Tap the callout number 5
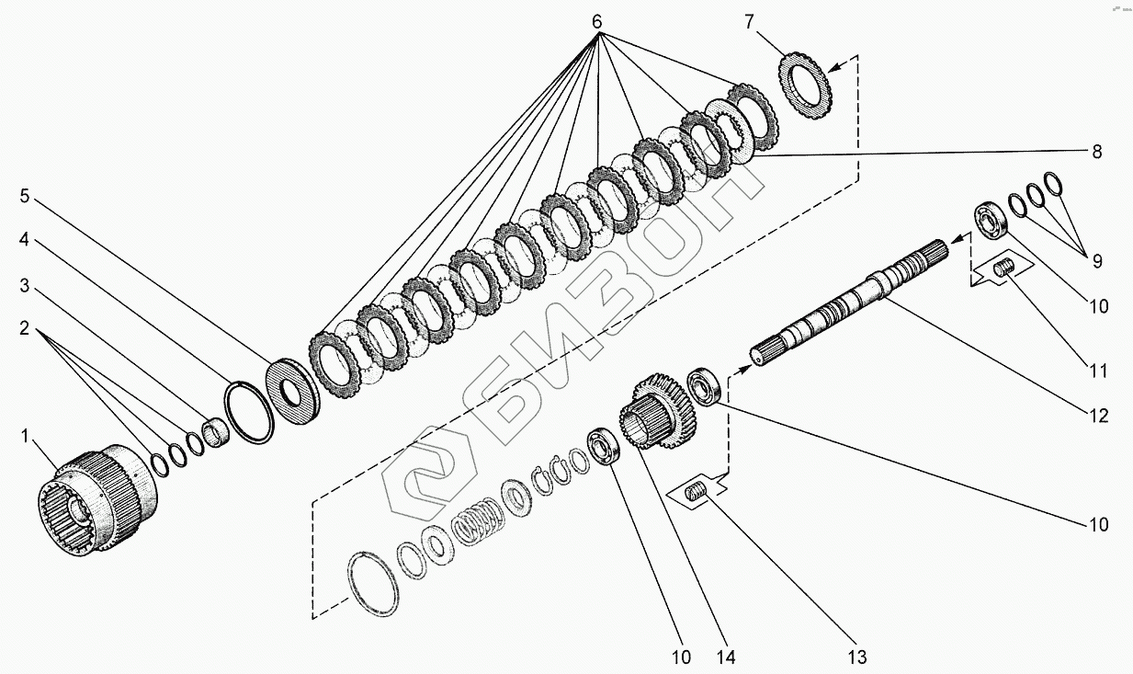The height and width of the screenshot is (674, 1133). tap(25, 196)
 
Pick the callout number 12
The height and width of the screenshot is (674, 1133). tap(1098, 416)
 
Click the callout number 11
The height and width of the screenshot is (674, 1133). tap(1098, 371)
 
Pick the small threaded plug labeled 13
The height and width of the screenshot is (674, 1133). tap(699, 494)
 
